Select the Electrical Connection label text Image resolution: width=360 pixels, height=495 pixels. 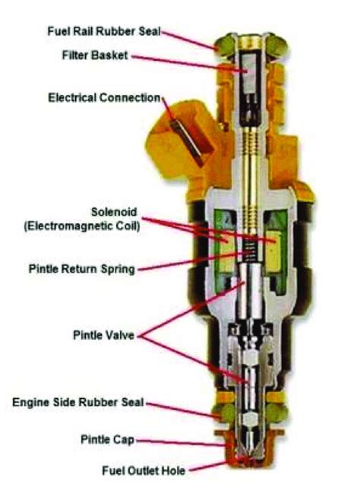pyautogui.click(x=104, y=98)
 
